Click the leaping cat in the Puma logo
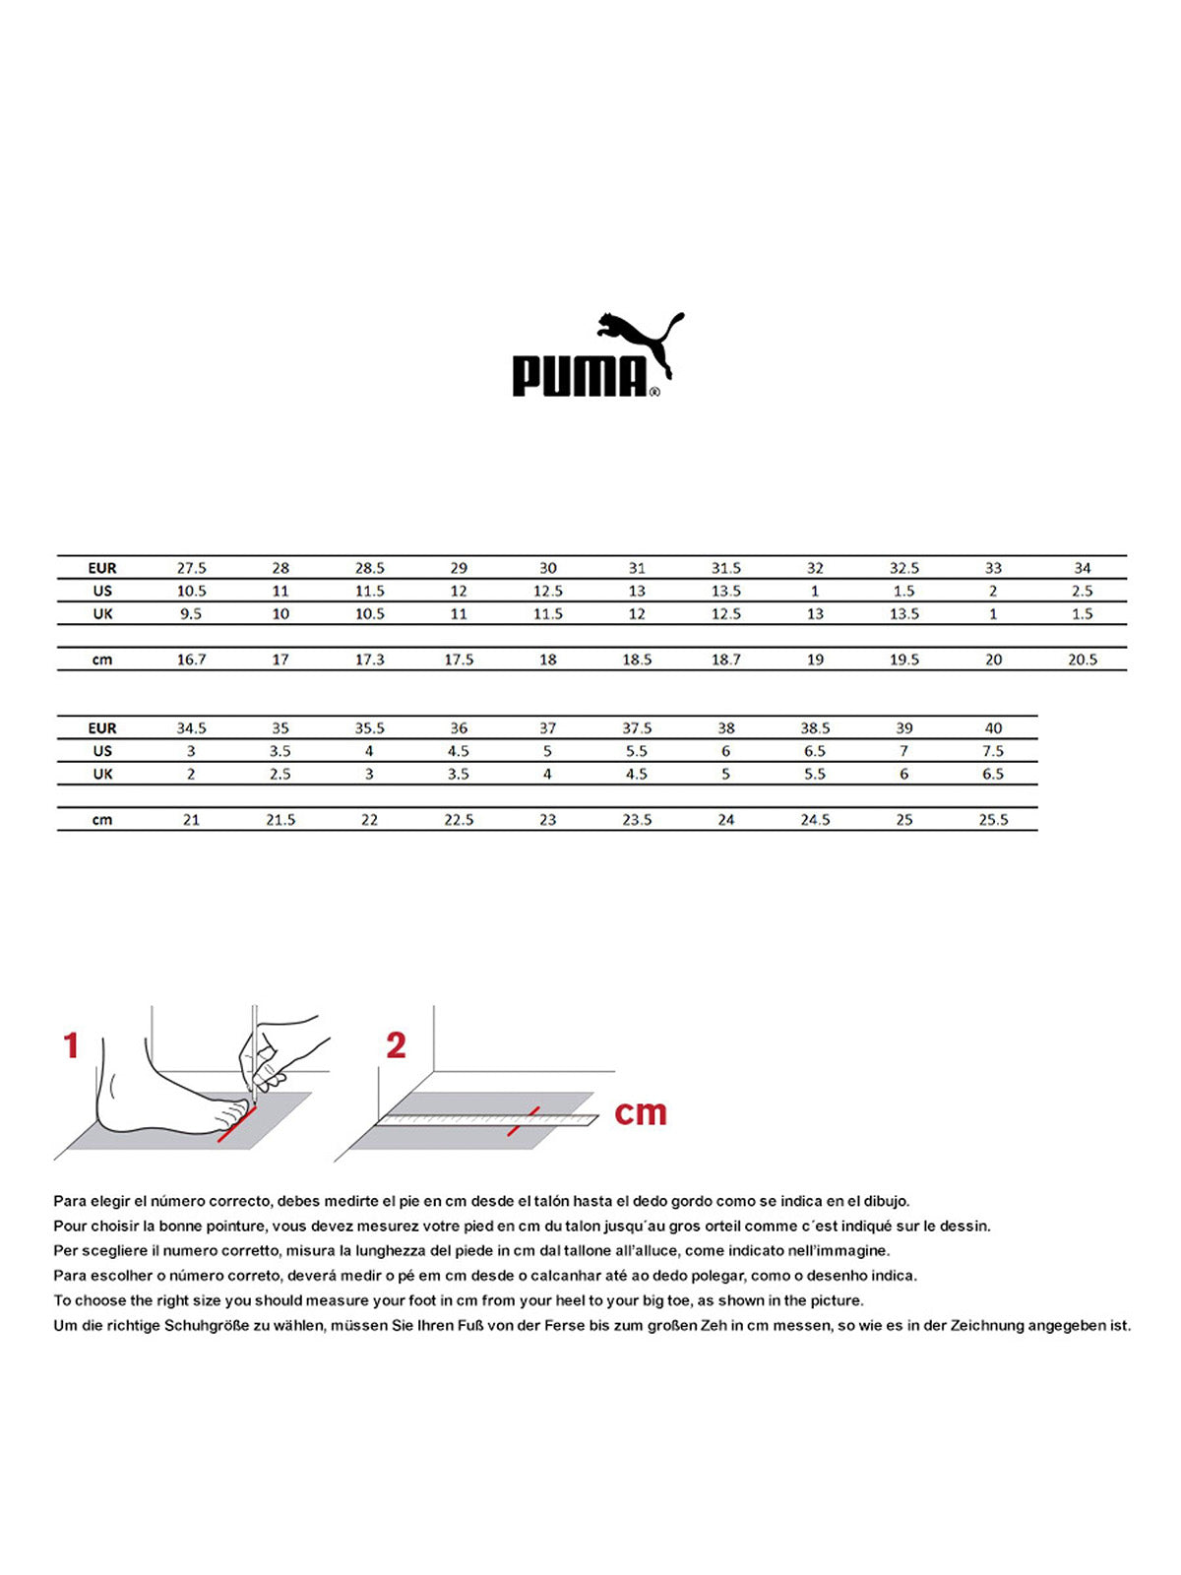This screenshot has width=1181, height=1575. tap(640, 340)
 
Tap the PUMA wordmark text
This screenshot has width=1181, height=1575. tap(580, 376)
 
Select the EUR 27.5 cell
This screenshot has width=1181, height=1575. tap(191, 568)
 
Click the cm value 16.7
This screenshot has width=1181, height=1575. tap(191, 660)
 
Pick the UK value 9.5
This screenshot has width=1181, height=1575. tap(191, 613)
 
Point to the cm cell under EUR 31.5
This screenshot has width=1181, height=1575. tap(726, 660)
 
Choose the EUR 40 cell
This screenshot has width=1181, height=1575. tap(993, 728)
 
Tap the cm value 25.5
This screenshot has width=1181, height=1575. tap(993, 820)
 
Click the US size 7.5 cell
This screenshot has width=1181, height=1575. tap(993, 751)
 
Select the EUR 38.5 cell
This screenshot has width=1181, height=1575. tap(815, 728)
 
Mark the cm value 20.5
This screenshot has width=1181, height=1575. tap(1083, 660)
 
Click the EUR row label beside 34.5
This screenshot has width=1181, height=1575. tap(102, 728)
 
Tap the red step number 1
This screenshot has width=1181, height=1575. tap(71, 1045)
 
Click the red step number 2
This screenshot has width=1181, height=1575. tap(396, 1045)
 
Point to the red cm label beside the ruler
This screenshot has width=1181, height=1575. tap(641, 1112)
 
